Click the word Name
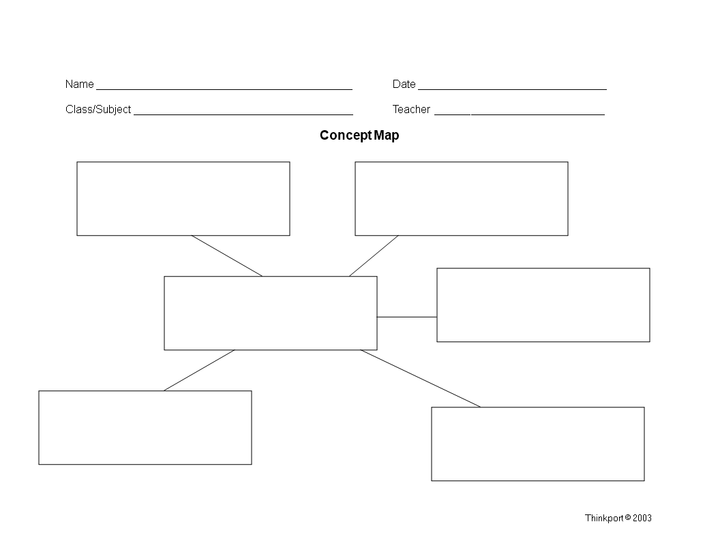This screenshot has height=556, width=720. pos(80,84)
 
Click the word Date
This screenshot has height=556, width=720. pos(404,84)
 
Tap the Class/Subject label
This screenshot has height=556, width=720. pos(98,109)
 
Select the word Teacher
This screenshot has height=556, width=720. pos(411,109)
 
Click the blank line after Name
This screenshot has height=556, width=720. pos(224,89)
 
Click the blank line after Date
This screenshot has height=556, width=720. pos(513,89)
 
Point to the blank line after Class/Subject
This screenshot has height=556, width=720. pos(243,114)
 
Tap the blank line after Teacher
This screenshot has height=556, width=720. pos(520,114)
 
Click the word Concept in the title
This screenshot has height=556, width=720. pos(346,136)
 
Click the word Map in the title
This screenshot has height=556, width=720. pos(386,136)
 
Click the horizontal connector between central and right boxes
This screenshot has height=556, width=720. pos(407,317)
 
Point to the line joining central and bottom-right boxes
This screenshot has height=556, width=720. pos(421,378)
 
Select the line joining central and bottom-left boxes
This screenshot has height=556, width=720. pos(199,370)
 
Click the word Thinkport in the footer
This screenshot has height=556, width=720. pos(604,519)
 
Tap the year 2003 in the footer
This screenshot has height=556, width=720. pos(642,518)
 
